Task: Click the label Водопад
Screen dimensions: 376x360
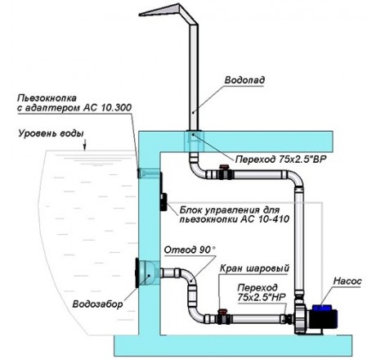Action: click(244, 80)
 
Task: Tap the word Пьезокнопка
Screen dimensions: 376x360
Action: click(47, 98)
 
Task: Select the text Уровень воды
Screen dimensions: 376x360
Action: click(51, 133)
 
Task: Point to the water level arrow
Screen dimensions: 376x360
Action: click(85, 145)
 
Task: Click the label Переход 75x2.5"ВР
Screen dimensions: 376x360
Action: click(280, 160)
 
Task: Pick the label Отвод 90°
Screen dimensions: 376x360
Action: click(190, 250)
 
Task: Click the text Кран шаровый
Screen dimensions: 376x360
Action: click(254, 268)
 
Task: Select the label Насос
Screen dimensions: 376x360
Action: click(347, 281)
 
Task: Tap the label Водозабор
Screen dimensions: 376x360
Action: click(97, 304)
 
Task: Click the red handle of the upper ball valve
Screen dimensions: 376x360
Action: click(225, 166)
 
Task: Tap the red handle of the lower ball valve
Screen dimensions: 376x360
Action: click(222, 311)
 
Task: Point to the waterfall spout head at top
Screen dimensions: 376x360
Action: click(163, 12)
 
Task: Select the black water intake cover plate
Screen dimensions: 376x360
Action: click(137, 272)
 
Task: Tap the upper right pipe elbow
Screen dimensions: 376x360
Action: click(295, 178)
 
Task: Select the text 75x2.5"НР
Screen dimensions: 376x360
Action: click(262, 297)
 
